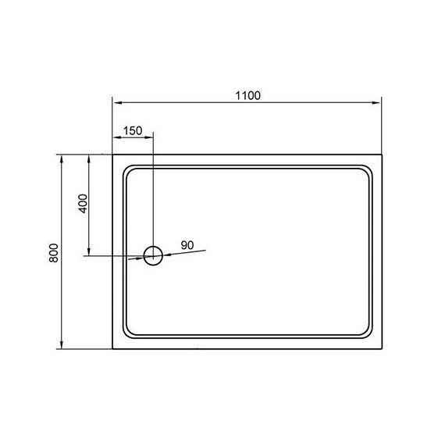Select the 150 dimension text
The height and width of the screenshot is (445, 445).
pos(132,130)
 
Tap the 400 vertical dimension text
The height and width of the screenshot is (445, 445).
pos(82,202)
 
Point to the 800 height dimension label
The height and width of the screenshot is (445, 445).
pos(52,254)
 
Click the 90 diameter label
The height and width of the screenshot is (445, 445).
pos(187,245)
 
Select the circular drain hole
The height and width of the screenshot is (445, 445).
pos(153,255)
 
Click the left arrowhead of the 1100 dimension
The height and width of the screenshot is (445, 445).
pos(117,102)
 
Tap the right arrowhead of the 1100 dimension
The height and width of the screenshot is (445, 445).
pos(377,102)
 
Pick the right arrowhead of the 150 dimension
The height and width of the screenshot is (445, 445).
pos(150,139)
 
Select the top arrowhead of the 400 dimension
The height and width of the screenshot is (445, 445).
pos(88,158)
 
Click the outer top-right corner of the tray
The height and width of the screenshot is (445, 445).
pos(381,155)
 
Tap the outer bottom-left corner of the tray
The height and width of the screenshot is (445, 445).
pos(113,349)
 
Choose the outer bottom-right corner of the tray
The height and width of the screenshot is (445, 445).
pos(381,349)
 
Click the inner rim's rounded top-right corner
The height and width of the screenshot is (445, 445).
pos(365,170)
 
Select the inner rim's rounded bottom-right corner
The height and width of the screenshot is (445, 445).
pos(365,333)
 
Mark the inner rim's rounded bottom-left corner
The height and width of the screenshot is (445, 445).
pos(129,333)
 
